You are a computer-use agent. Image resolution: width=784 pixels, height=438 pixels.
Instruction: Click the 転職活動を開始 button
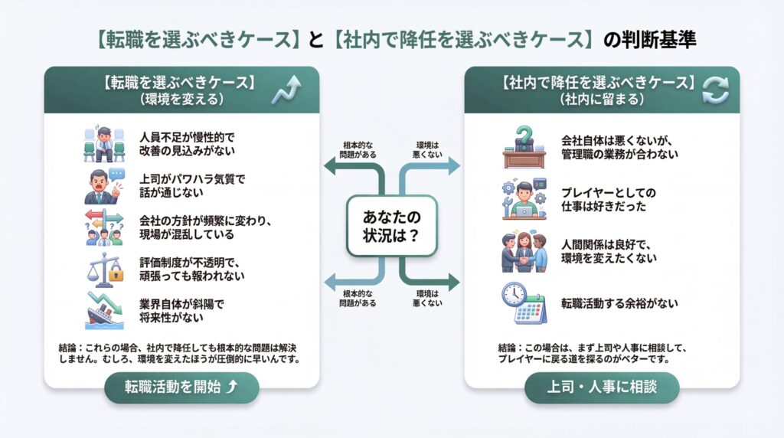(181, 387)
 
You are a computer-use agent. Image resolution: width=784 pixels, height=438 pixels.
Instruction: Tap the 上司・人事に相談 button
(601, 387)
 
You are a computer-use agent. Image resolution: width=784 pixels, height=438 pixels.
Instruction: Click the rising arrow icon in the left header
(286, 90)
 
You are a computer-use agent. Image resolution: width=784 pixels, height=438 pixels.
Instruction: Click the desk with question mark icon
(523, 146)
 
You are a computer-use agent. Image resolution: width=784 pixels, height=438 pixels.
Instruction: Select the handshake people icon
(524, 251)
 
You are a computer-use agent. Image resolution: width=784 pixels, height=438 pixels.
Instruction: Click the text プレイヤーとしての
(609, 191)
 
